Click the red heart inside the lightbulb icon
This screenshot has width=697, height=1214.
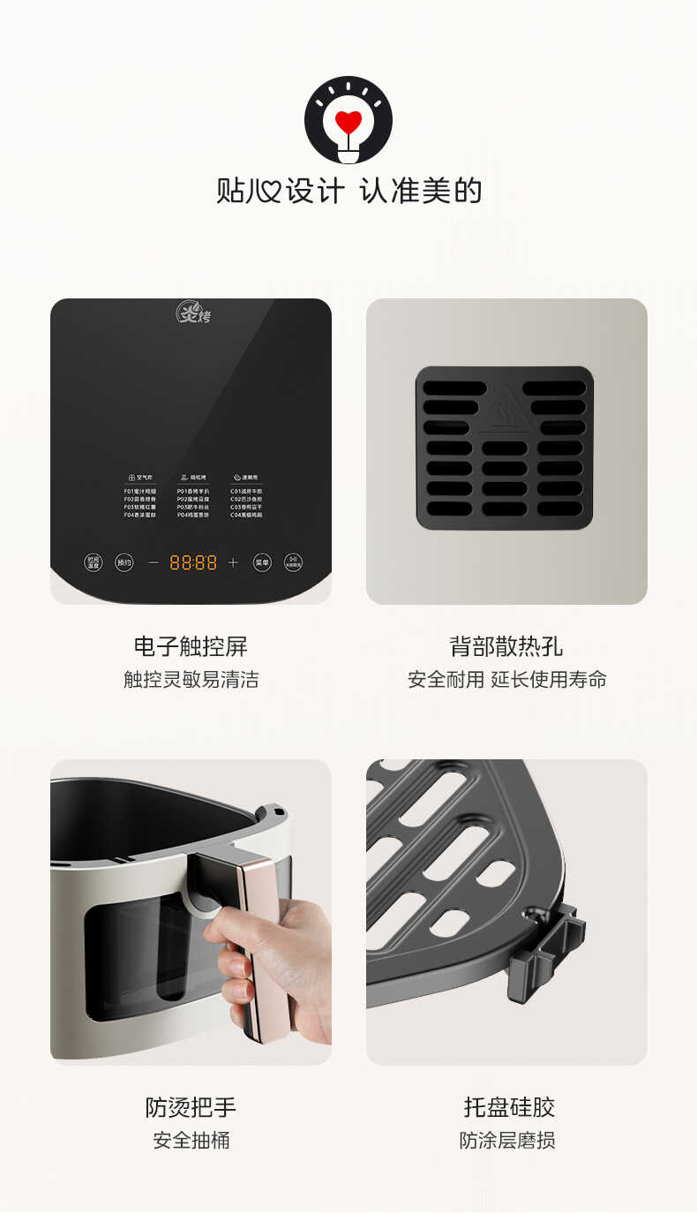[x=348, y=121]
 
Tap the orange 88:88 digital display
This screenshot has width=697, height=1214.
[x=193, y=562]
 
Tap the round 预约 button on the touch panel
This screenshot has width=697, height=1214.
[x=124, y=562]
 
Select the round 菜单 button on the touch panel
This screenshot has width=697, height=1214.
[x=262, y=562]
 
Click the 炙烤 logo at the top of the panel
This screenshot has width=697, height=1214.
[x=192, y=313]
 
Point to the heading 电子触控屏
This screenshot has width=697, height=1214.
[x=191, y=646]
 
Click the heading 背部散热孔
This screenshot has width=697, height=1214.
[x=506, y=646]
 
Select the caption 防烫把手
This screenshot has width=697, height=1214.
[x=191, y=1107]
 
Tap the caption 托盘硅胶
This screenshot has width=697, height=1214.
[x=509, y=1107]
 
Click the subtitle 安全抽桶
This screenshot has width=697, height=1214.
[x=191, y=1140]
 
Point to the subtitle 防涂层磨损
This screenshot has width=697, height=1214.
[x=507, y=1140]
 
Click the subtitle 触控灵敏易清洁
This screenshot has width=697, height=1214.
[x=191, y=679]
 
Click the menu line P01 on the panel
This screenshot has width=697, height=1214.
[x=193, y=491]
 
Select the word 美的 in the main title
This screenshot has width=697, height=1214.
[x=452, y=191]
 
